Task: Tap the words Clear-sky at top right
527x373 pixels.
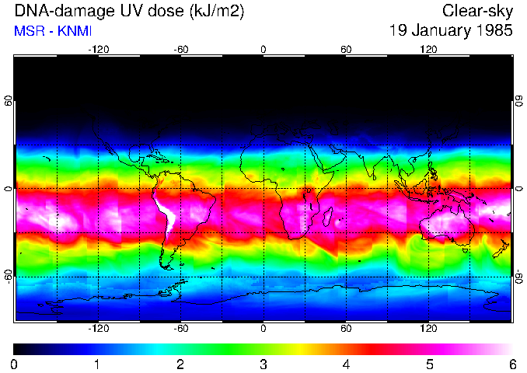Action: click(x=477, y=12)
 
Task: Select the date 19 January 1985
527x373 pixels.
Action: click(x=451, y=31)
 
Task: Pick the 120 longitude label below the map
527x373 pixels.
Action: click(x=428, y=329)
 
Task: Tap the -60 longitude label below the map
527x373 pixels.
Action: click(x=180, y=329)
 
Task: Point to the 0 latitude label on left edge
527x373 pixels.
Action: click(x=9, y=189)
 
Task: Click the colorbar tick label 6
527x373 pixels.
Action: click(x=511, y=364)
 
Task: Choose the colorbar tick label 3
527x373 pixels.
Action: click(x=263, y=364)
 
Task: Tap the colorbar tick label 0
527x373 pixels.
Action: click(x=15, y=364)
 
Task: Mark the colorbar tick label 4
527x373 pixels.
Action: click(x=346, y=364)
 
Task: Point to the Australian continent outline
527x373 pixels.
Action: click(x=446, y=229)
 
